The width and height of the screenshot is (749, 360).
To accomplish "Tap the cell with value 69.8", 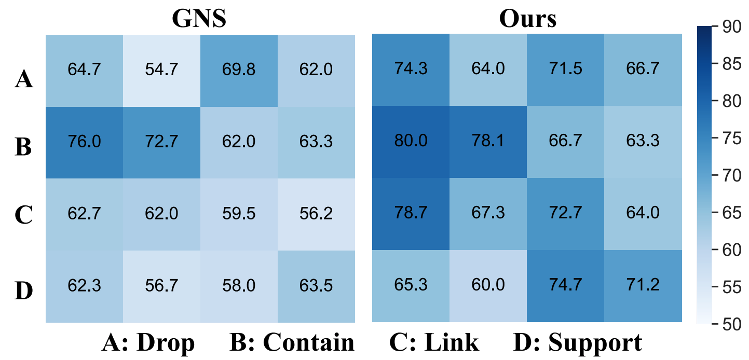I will coord(239,70).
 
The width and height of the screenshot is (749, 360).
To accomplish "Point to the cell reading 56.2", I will coord(316,213).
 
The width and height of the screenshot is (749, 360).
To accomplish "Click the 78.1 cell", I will coord(488,142).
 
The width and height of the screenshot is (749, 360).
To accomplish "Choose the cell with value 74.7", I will coord(566,285).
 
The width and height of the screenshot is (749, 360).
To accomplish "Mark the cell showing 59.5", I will coord(239,213).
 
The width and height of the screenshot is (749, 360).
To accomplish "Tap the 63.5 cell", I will coord(316,285).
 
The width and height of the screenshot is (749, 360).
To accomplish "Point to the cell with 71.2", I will coord(643,285).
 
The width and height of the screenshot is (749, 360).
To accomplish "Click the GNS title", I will coord(200,19).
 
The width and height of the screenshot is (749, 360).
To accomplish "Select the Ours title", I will coord(527,19).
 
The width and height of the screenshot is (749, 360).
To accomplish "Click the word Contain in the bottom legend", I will coord(308,343).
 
